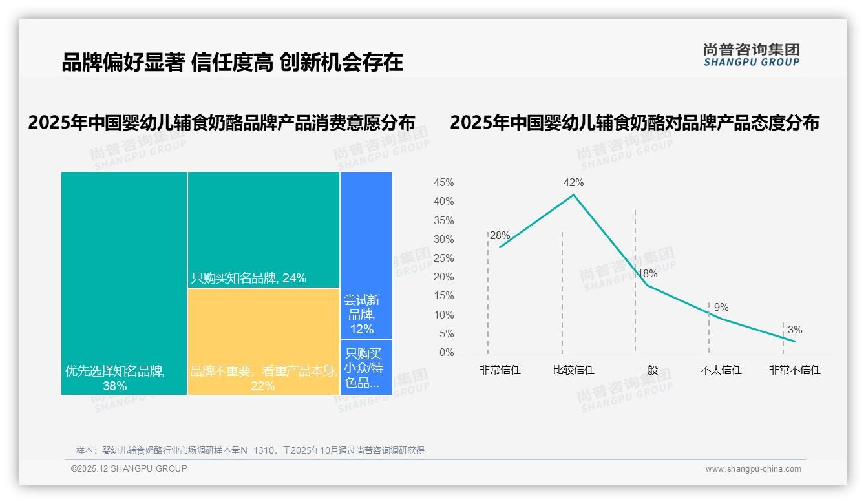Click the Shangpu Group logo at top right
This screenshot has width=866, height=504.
click(x=751, y=55)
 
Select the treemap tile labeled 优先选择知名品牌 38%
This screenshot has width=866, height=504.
click(x=124, y=283)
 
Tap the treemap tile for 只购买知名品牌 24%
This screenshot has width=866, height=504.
click(x=264, y=229)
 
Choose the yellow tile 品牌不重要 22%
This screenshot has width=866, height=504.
click(x=264, y=341)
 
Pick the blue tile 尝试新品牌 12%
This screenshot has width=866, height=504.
click(x=366, y=255)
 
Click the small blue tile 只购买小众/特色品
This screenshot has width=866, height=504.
click(x=366, y=367)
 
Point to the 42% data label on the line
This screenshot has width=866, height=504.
click(x=573, y=183)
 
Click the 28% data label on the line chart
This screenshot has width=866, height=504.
click(x=500, y=236)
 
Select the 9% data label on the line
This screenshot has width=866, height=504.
click(x=721, y=308)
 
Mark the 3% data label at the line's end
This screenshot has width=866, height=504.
click(x=794, y=330)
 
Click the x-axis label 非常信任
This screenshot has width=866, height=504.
click(x=500, y=370)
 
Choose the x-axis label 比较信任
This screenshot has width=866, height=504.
click(x=573, y=370)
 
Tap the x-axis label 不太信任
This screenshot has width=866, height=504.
click(x=721, y=370)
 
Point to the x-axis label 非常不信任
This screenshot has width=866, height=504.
click(x=794, y=370)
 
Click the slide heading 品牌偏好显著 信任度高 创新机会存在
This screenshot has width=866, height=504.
click(x=233, y=62)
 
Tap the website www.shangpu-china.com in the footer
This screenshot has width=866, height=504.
click(x=753, y=469)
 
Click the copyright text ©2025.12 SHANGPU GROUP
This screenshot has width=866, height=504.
click(x=129, y=468)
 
